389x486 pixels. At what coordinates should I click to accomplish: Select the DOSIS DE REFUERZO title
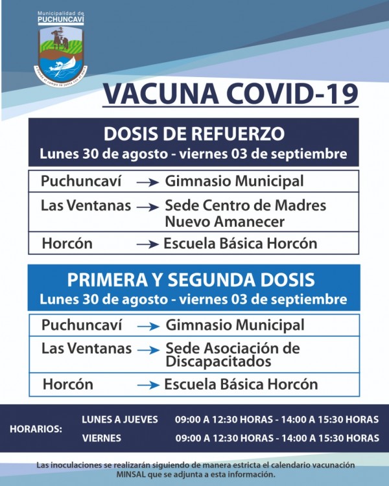click(194, 134)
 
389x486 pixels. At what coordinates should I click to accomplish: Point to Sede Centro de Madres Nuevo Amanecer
click(245, 214)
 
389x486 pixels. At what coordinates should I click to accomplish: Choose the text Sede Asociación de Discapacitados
click(232, 354)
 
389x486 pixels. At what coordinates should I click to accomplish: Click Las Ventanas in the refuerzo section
click(86, 206)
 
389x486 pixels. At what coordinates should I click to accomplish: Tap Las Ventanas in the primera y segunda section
click(86, 349)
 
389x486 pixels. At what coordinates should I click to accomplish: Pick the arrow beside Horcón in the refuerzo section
click(148, 245)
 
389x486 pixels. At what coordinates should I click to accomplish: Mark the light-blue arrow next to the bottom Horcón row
click(148, 385)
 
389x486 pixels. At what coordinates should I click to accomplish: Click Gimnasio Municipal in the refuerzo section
click(234, 180)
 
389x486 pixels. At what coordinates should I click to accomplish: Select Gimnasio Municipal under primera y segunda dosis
click(235, 324)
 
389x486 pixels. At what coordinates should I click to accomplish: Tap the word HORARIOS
click(36, 429)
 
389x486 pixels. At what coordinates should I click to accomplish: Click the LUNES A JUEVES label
click(120, 420)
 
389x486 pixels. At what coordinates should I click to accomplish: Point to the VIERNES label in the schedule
click(102, 438)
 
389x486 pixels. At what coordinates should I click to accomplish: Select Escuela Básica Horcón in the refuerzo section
click(241, 244)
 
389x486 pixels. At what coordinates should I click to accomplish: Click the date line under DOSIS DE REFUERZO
click(193, 155)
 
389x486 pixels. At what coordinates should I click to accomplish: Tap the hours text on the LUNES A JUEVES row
click(277, 420)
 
